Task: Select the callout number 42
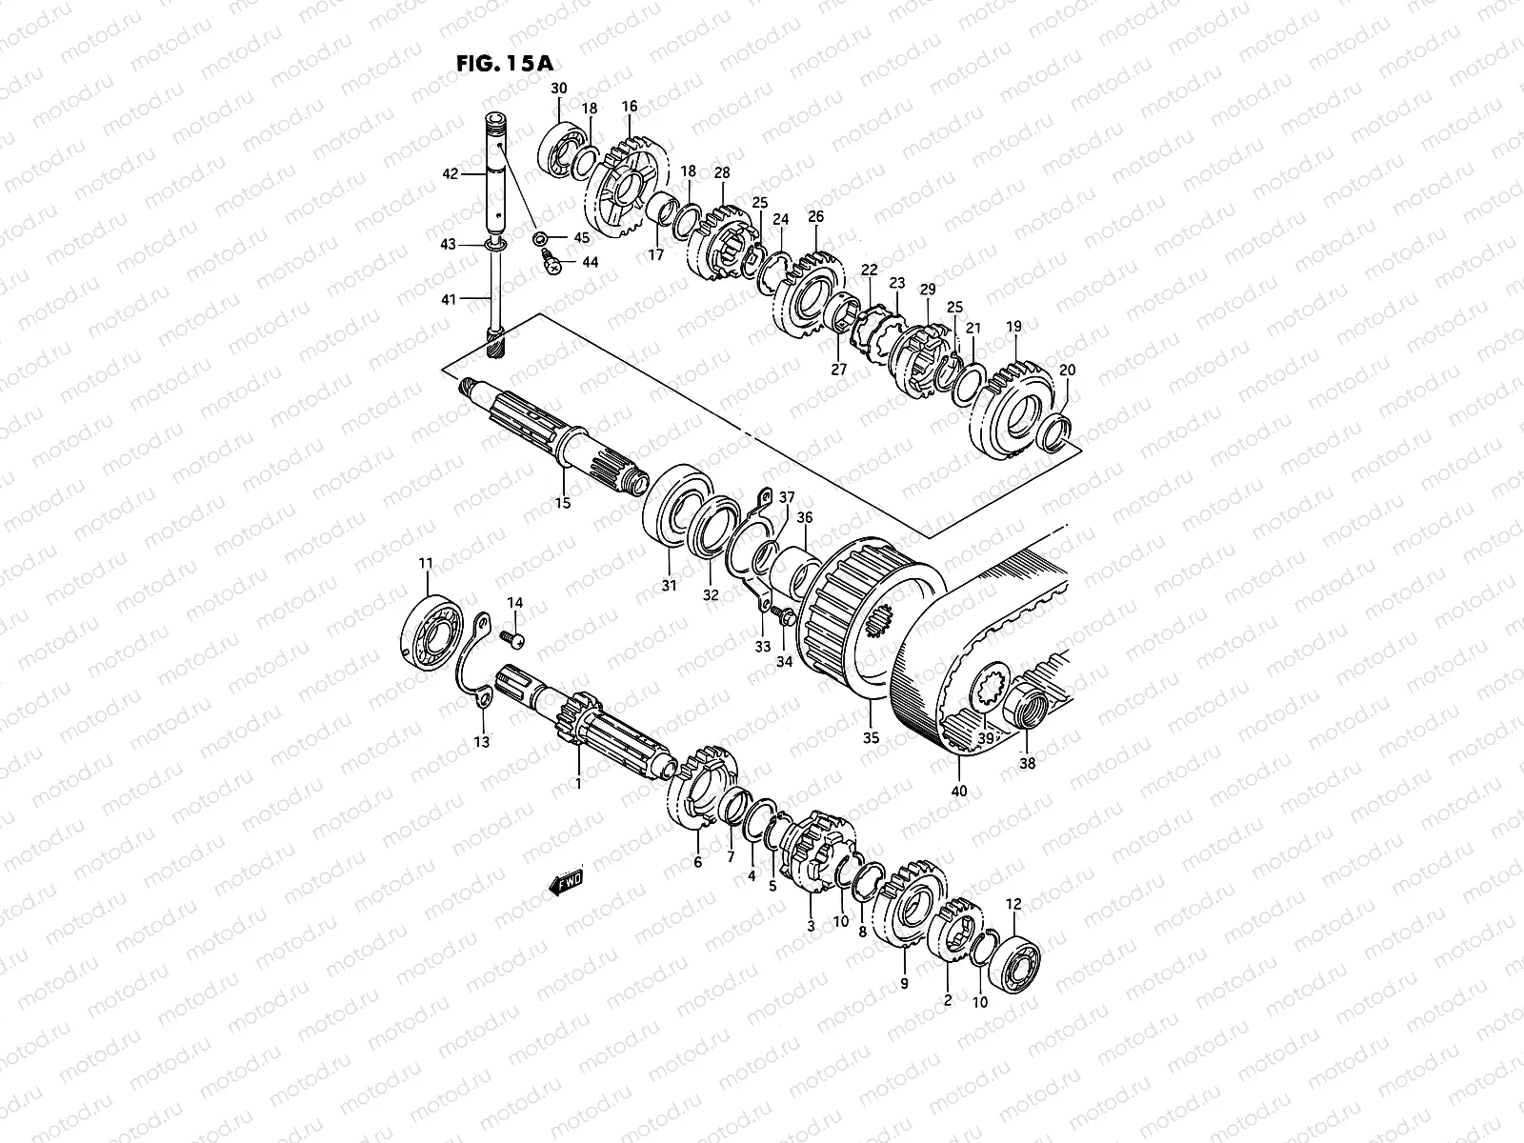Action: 451,174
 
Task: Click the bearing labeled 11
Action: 431,632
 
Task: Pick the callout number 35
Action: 871,737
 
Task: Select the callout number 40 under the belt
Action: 959,792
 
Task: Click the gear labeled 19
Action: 1013,409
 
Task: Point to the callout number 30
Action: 559,89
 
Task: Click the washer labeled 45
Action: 540,237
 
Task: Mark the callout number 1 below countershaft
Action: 577,783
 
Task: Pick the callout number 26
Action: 815,217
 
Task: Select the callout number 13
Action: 482,741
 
